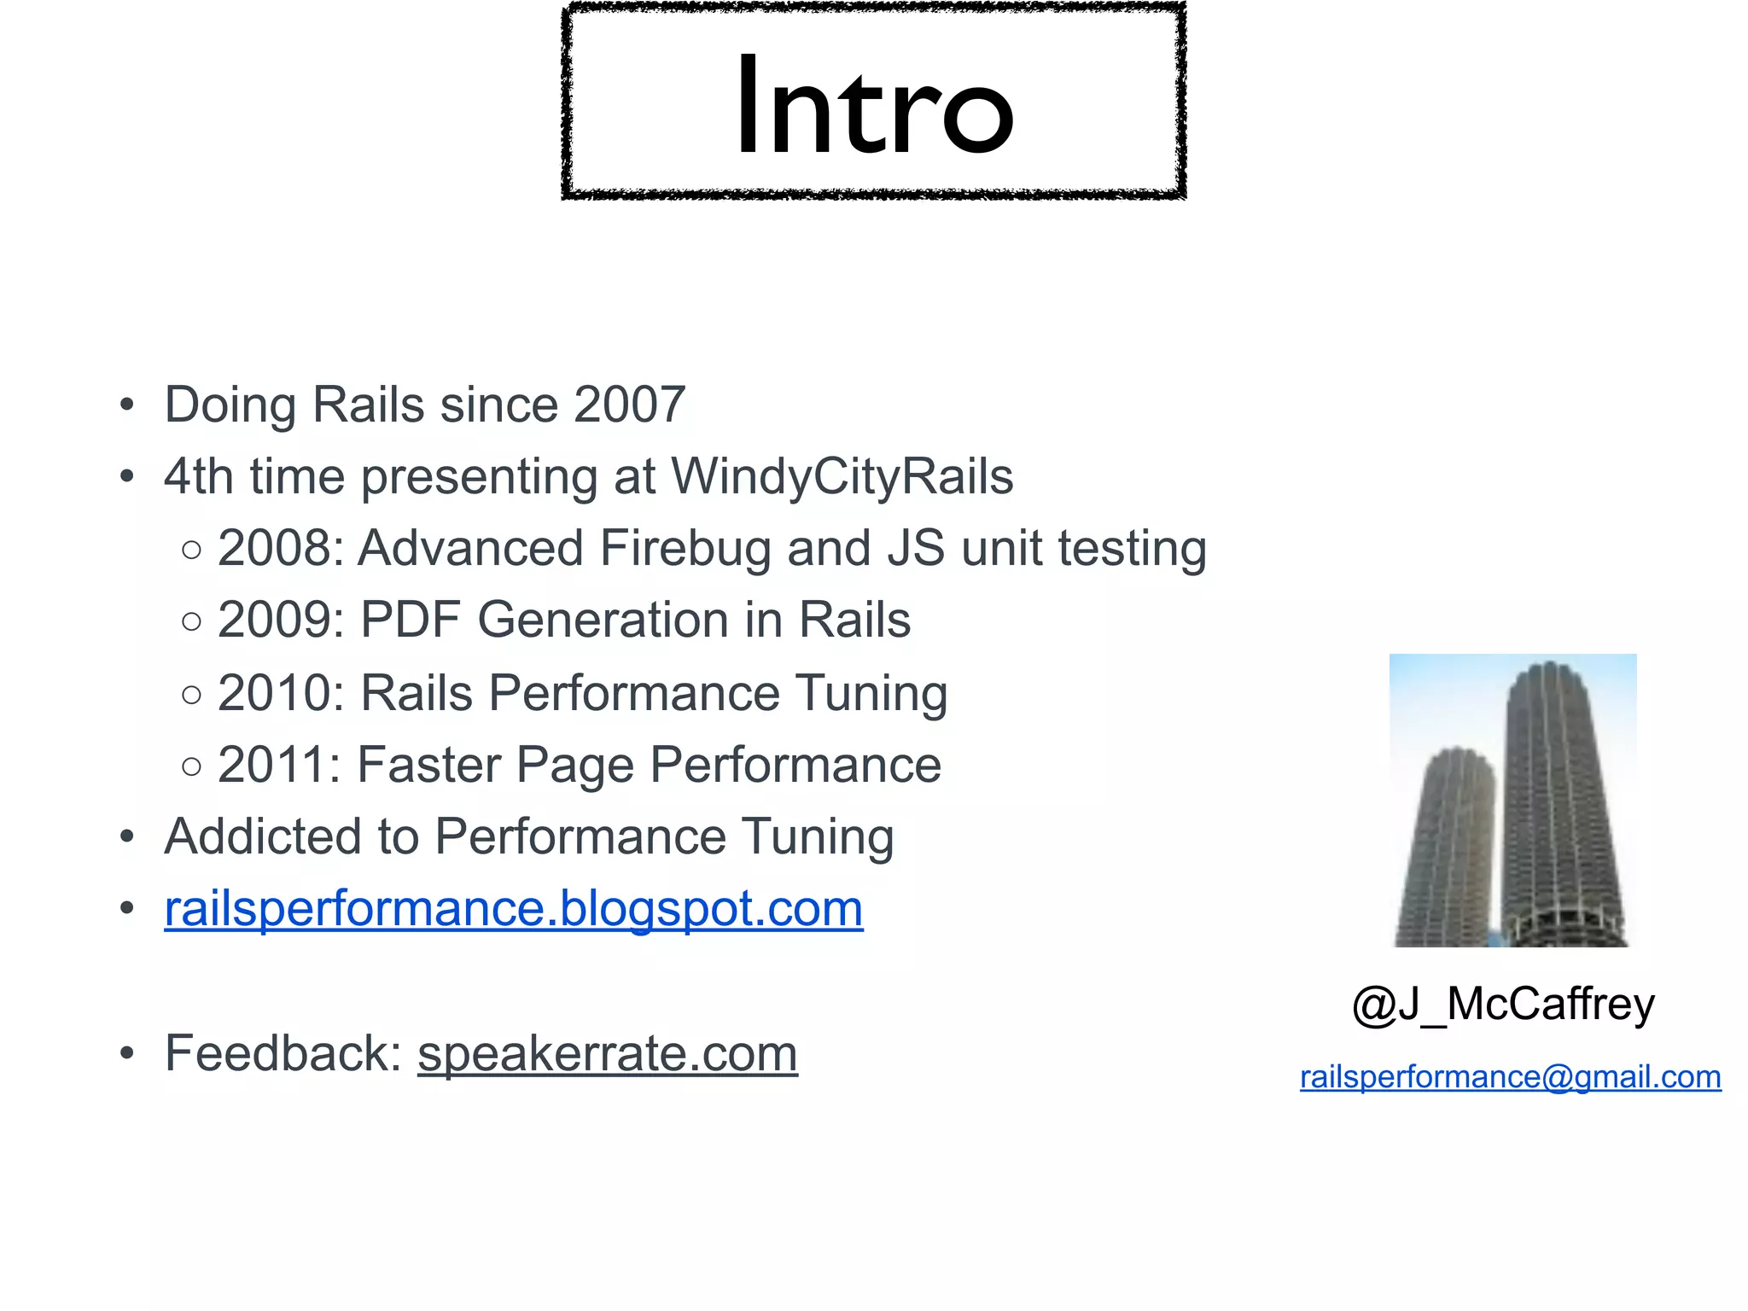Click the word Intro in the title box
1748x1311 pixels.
(874, 106)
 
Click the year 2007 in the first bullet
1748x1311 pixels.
(630, 405)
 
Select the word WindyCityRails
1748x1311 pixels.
(842, 476)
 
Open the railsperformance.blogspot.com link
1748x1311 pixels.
(513, 908)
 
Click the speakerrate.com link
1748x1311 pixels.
(607, 1053)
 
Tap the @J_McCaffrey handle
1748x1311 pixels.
(1503, 1004)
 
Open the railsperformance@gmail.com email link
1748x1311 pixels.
(1510, 1077)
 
